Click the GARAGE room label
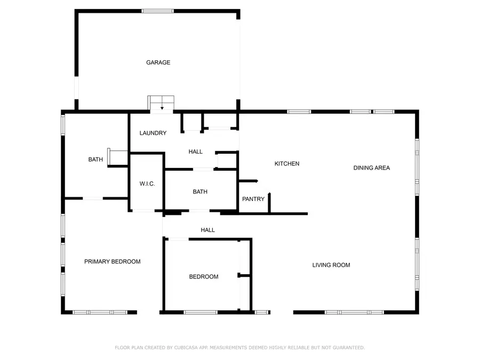point(158,62)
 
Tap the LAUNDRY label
point(153,133)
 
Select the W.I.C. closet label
point(147,183)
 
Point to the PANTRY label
point(253,199)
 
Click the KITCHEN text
point(287,164)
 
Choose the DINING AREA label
point(372,167)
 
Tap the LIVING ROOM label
point(331,265)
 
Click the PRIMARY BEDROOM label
point(113,261)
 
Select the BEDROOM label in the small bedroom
point(204,276)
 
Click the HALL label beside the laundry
point(196,151)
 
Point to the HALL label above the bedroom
point(208,230)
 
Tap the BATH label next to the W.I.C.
point(201,191)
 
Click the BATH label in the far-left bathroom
point(95,159)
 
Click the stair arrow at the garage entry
point(162,107)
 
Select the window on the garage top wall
point(157,11)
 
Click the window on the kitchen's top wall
point(299,111)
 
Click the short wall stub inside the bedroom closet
point(243,276)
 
